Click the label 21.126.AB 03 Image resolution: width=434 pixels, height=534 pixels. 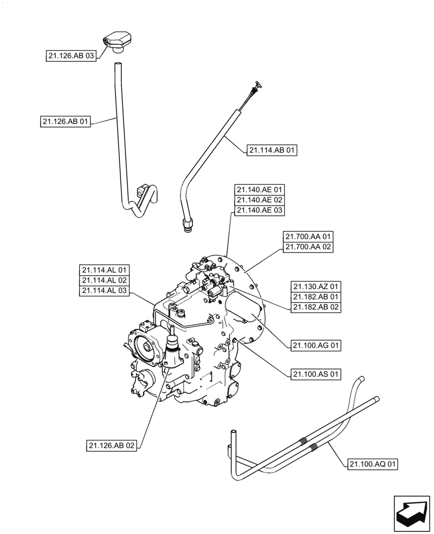point(70,55)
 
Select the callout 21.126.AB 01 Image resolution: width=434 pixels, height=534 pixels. point(65,122)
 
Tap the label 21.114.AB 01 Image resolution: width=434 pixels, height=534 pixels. point(272,151)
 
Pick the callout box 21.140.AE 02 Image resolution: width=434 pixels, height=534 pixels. point(260,200)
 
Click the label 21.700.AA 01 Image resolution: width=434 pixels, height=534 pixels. point(308,237)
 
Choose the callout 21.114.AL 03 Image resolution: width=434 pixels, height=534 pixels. point(104,291)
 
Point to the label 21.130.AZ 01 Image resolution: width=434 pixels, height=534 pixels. point(316,286)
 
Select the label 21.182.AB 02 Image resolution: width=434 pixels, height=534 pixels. point(316,307)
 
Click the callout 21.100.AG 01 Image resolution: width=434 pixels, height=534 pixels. point(316,346)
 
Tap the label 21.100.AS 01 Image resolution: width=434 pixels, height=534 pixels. point(316,374)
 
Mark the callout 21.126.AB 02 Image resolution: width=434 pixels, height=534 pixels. point(112,445)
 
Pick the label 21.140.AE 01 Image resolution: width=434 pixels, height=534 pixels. point(260,190)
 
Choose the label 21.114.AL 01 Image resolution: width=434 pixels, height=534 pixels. point(104,270)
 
